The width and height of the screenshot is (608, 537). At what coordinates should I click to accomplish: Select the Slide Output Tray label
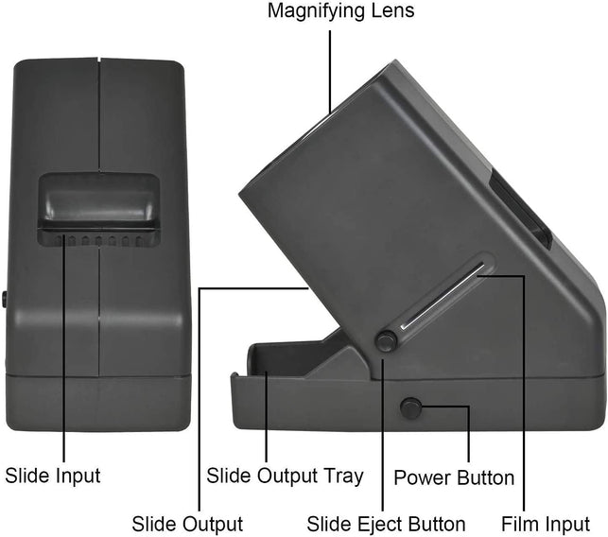coord(285,476)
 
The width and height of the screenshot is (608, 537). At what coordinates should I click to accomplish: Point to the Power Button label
coord(454,477)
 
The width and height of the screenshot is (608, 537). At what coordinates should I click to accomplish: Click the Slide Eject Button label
coord(386,523)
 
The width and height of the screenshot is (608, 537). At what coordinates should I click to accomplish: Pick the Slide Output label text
coord(187,523)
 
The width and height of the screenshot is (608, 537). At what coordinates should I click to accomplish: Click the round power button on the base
coord(410,408)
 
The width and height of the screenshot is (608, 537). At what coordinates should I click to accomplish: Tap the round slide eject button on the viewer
coord(386,341)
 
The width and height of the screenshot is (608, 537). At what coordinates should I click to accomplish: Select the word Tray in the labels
coord(342,476)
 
